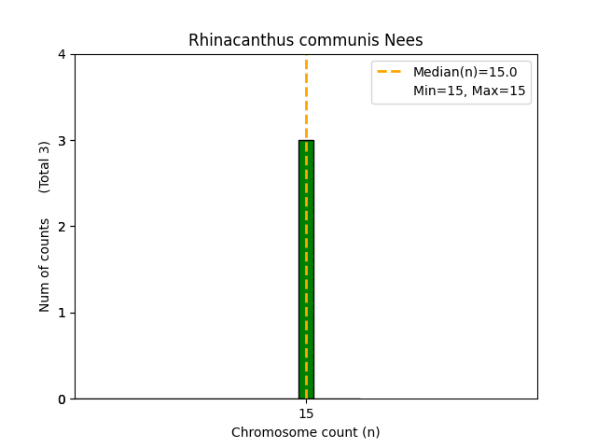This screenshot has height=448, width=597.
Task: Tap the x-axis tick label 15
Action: (306, 413)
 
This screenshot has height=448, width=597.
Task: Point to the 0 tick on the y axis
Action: (62, 399)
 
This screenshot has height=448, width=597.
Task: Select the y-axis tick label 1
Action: (62, 313)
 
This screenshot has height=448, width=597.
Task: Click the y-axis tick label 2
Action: (62, 227)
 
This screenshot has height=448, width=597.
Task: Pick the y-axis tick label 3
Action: (62, 141)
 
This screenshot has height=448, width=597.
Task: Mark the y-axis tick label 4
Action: (62, 54)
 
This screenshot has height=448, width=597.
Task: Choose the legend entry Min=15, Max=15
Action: (469, 91)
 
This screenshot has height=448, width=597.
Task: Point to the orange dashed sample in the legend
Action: (389, 72)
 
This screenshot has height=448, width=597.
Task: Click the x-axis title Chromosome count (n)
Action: (306, 432)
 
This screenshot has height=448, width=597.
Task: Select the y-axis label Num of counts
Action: (45, 265)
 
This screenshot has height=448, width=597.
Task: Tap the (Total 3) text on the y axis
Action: (45, 167)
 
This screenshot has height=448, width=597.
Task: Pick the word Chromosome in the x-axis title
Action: (269, 432)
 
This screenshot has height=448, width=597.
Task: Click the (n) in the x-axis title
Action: (370, 432)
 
